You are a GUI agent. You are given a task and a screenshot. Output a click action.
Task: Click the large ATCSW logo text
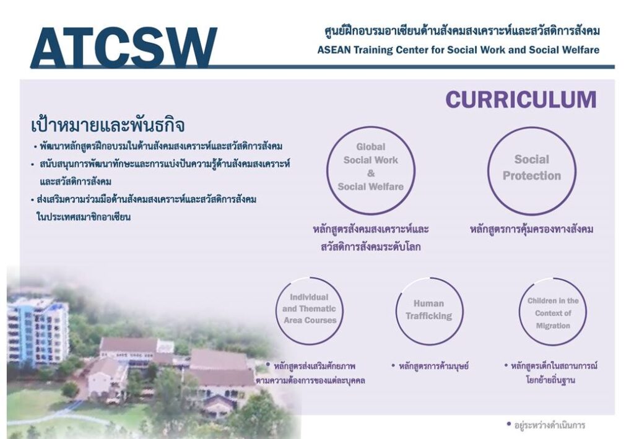click(x=124, y=47)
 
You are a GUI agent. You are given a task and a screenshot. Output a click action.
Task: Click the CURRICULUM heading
click(x=521, y=100)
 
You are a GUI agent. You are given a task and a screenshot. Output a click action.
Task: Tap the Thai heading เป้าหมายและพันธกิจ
click(x=108, y=125)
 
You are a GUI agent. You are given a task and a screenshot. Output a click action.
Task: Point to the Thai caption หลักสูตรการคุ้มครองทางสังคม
click(x=532, y=229)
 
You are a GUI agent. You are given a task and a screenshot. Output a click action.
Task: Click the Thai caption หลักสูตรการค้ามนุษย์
click(x=433, y=366)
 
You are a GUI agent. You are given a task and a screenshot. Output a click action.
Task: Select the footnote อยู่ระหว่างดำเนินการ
click(x=550, y=425)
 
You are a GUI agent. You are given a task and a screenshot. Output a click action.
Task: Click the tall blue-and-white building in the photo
click(x=37, y=331)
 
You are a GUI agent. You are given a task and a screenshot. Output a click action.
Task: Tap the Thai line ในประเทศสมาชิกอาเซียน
click(x=84, y=217)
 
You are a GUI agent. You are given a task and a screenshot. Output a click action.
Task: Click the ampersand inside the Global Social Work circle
click(x=371, y=173)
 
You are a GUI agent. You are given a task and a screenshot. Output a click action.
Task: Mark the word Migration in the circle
click(x=553, y=326)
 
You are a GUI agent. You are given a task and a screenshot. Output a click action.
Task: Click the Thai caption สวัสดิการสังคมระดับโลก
click(x=371, y=246)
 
